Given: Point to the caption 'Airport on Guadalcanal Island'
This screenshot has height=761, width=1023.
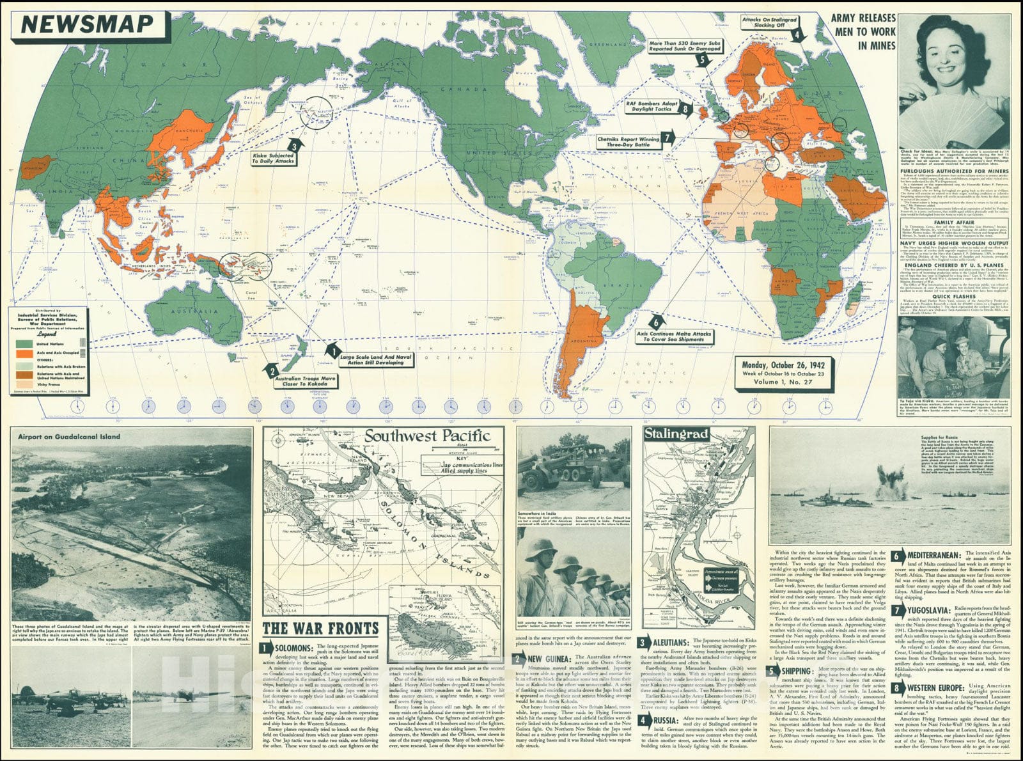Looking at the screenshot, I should (x=69, y=437).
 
